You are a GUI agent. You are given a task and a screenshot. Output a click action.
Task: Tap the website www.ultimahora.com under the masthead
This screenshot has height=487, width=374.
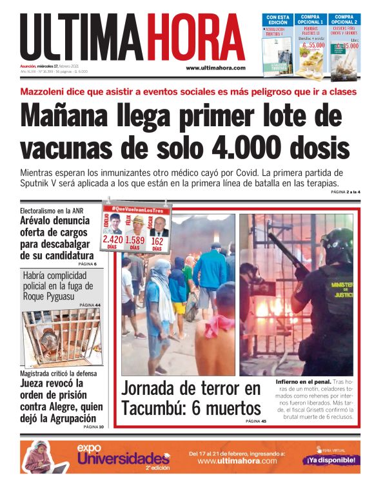point(215,68)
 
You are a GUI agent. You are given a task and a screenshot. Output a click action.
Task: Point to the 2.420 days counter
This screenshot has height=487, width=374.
point(112,241)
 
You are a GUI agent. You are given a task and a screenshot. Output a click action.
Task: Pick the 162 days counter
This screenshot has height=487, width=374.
point(157,241)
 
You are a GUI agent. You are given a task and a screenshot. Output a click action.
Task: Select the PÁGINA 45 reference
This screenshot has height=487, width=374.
point(255,421)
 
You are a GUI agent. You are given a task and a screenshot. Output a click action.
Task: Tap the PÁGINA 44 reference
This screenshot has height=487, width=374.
point(90,305)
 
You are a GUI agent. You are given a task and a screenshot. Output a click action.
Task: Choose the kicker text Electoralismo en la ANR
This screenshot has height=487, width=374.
point(52,211)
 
